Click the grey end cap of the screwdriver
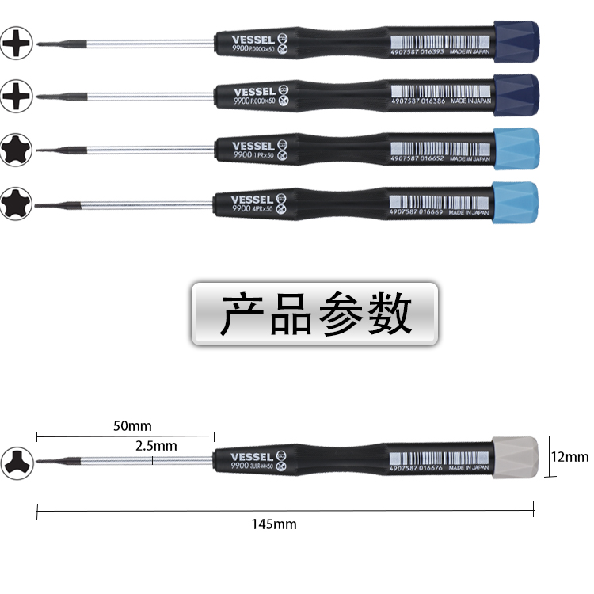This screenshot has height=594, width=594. (516, 456)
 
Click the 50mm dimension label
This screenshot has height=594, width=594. (132, 425)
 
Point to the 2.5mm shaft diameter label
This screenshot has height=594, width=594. (156, 446)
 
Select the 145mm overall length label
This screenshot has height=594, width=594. (274, 524)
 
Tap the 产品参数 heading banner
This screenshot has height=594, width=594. (314, 313)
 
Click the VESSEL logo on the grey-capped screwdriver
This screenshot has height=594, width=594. (252, 456)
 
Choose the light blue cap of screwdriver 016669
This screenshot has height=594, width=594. (516, 202)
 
